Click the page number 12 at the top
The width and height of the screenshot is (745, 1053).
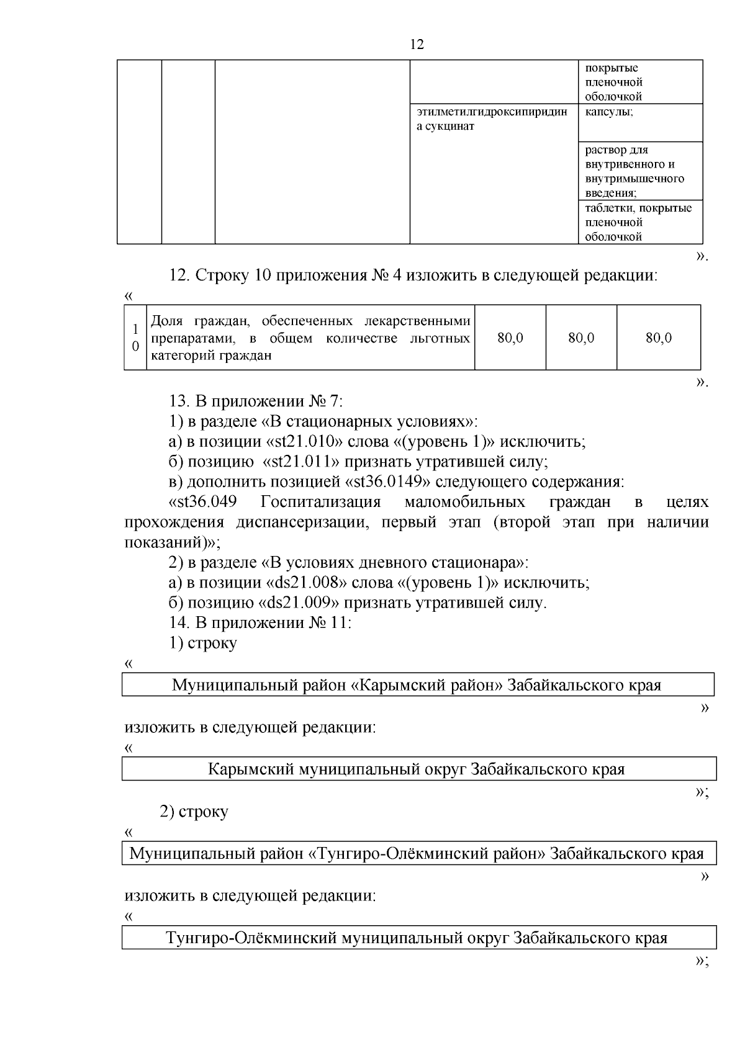pyautogui.click(x=417, y=45)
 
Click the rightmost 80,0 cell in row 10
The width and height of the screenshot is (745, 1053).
pyautogui.click(x=658, y=338)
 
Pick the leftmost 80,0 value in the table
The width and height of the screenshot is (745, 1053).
pyautogui.click(x=510, y=338)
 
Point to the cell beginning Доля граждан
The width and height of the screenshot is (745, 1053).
pyautogui.click(x=310, y=338)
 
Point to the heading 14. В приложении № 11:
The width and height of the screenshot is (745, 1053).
pyautogui.click(x=260, y=623)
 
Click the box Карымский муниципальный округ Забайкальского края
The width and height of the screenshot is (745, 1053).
pyautogui.click(x=417, y=769)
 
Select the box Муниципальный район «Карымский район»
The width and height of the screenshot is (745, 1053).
pyautogui.click(x=417, y=686)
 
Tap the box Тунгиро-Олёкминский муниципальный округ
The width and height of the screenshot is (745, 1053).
pyautogui.click(x=417, y=938)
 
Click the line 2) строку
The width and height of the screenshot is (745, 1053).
pyautogui.click(x=194, y=811)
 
